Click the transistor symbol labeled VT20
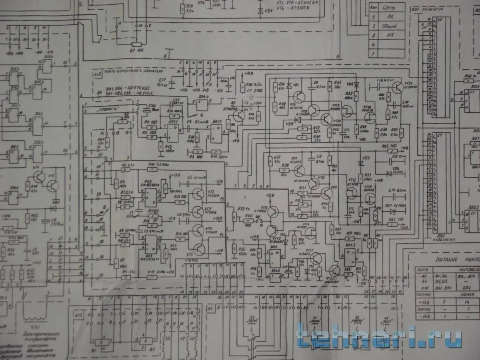397,87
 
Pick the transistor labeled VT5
199,250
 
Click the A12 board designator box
79,315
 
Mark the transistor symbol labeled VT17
316,259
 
